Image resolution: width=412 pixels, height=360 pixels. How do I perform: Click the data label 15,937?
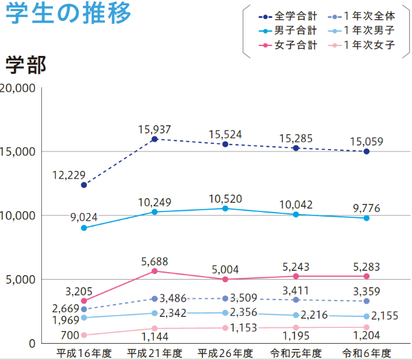click(155, 129)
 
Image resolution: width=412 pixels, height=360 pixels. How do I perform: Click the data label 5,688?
click(154, 262)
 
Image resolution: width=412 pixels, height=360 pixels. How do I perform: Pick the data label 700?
click(69, 336)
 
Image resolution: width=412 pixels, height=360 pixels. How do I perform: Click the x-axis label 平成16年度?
click(84, 353)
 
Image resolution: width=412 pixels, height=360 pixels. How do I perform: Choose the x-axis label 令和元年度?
click(296, 353)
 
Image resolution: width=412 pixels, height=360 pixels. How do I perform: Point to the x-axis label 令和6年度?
click(367, 353)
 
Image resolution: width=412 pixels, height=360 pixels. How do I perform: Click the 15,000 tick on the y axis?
click(19, 151)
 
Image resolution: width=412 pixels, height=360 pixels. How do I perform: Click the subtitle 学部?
click(25, 65)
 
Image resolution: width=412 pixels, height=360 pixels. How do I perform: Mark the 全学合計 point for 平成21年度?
click(155, 139)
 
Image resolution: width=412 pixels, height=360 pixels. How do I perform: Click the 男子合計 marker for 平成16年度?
click(84, 228)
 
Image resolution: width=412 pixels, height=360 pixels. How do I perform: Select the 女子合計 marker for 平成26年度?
click(225, 280)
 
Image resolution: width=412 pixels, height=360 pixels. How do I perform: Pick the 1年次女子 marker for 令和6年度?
click(367, 327)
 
